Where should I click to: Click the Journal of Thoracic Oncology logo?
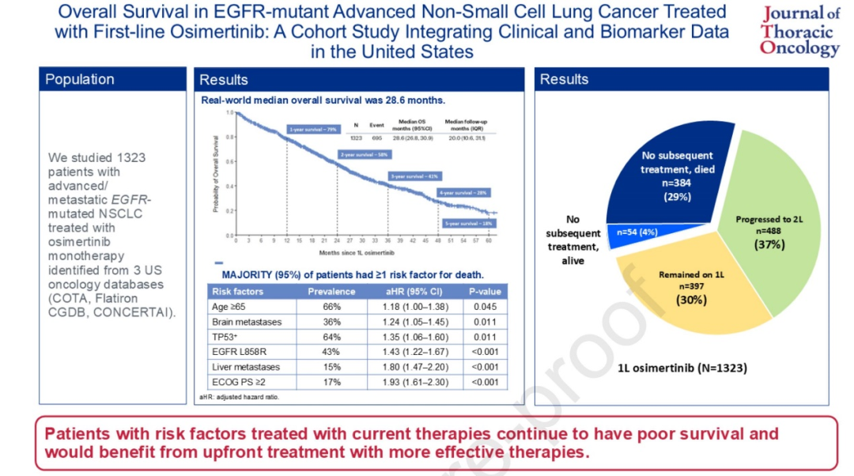[x=799, y=32]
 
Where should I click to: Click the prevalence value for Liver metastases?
[x=331, y=367]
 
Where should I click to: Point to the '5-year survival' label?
[x=468, y=224]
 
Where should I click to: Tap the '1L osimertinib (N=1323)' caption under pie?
[x=681, y=367]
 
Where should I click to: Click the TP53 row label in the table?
[x=227, y=337]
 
